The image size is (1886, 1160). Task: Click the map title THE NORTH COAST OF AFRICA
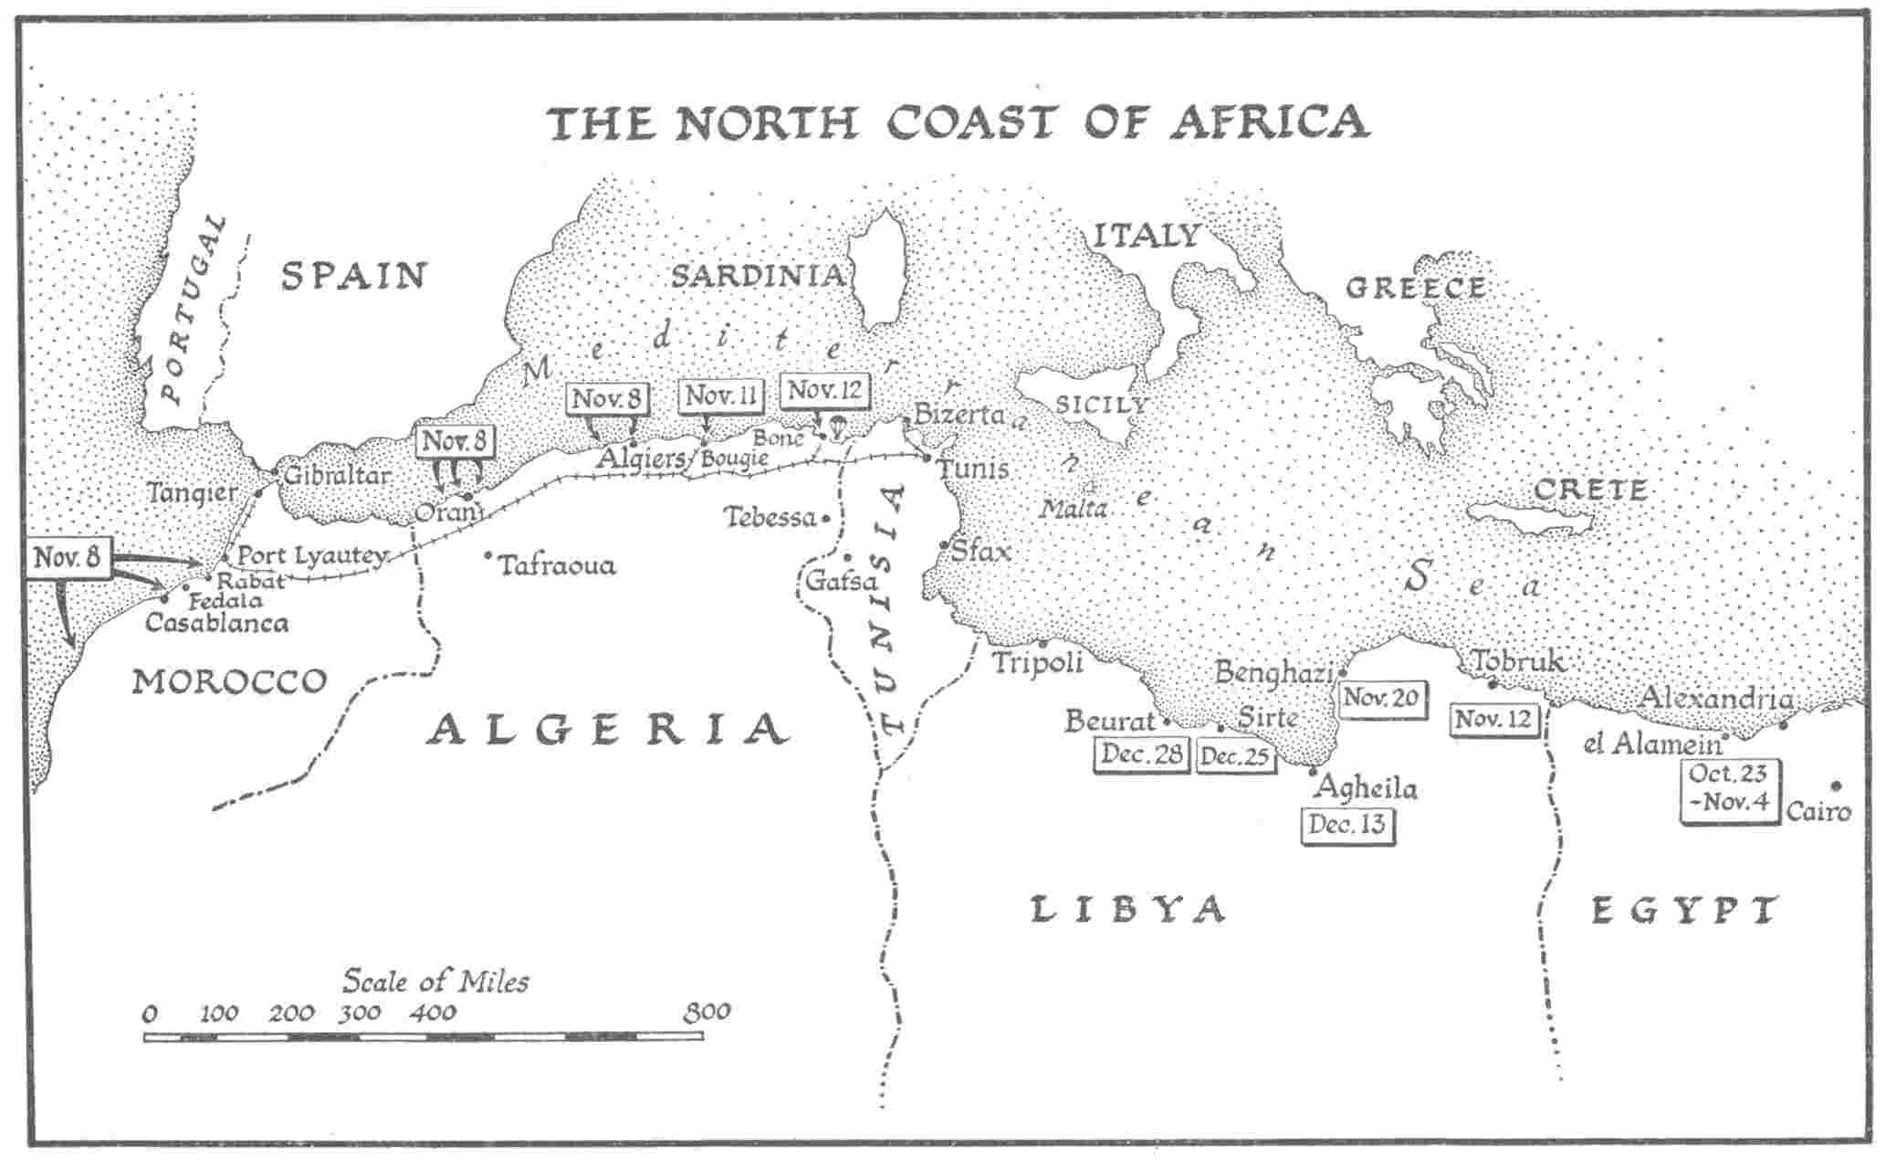tap(959, 123)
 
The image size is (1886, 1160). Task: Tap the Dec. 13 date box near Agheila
tap(1346, 825)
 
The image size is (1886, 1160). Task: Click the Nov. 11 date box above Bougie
tap(720, 396)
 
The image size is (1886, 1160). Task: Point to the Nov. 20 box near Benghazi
tap(1380, 699)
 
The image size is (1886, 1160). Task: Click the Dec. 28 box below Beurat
tap(1142, 754)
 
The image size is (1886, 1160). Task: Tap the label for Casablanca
tap(216, 623)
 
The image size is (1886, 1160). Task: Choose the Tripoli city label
tap(1037, 661)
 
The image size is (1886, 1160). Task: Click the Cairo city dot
tap(1836, 786)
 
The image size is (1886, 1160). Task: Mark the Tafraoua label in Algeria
tap(557, 565)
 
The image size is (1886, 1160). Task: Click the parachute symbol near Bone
tap(836, 427)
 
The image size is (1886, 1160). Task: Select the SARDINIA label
tap(758, 276)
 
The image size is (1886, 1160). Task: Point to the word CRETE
tap(1589, 490)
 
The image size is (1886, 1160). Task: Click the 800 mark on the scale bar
tap(707, 1012)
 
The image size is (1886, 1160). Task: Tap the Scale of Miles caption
tap(435, 981)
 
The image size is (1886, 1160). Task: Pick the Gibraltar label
tap(337, 476)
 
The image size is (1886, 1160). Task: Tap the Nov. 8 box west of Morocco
tap(68, 557)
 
